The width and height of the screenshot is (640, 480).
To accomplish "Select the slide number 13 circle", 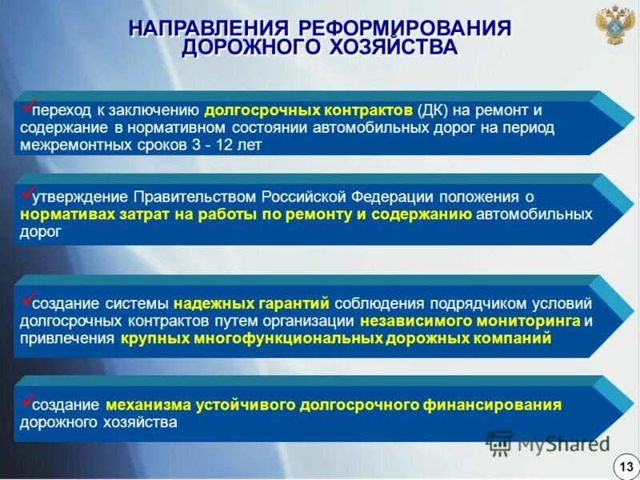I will click(624, 465).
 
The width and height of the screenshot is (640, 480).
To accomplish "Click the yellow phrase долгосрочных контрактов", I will click(309, 110).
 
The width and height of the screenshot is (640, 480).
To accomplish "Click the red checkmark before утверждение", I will click(26, 193).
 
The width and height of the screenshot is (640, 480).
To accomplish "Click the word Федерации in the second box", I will click(400, 198).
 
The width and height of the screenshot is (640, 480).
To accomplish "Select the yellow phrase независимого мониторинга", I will click(470, 321).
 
